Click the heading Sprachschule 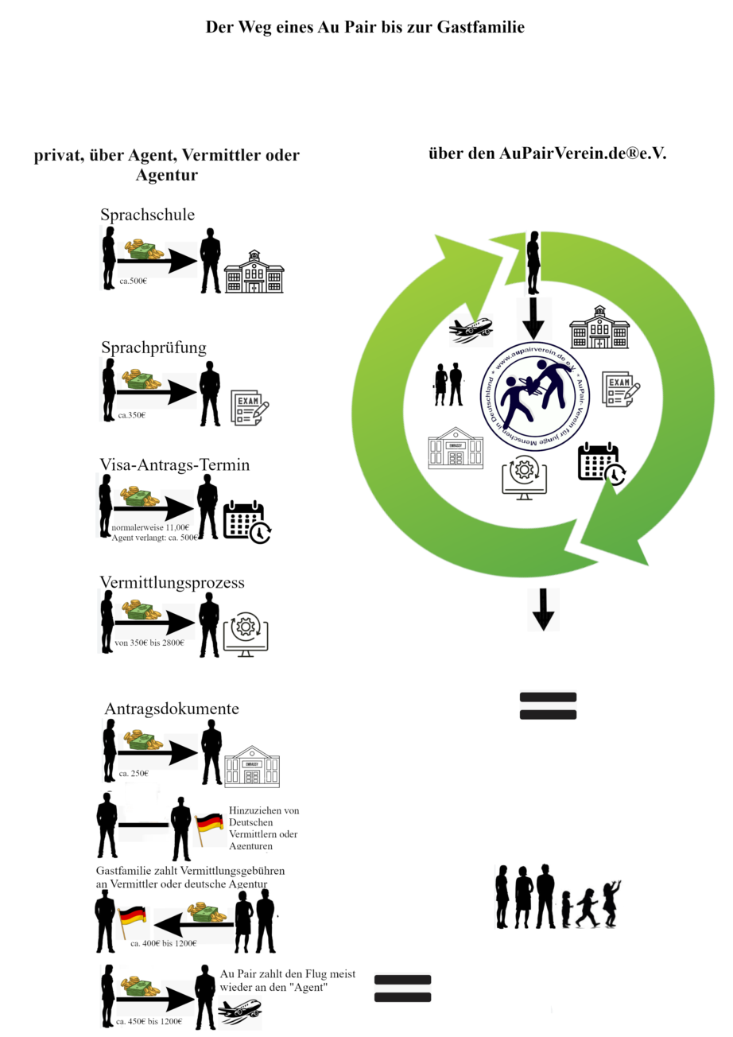147,215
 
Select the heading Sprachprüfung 153,348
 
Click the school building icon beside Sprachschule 254,272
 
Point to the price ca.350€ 132,414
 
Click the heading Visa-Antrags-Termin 174,464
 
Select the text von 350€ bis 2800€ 149,643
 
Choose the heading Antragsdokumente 172,709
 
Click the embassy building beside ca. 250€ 252,766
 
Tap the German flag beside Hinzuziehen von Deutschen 210,829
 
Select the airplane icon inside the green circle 471,329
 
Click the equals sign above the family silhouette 547,705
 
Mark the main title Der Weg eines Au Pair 365,27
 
